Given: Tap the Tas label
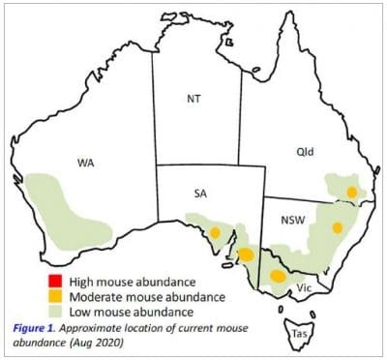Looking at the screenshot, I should pyautogui.click(x=299, y=336).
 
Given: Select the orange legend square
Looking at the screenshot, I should pyautogui.click(x=42, y=296).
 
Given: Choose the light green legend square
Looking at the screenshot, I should pyautogui.click(x=42, y=312).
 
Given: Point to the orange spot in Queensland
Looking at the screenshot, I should pyautogui.click(x=352, y=193).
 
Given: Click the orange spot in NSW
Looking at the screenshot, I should pyautogui.click(x=337, y=227).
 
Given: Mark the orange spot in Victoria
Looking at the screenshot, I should pyautogui.click(x=279, y=276).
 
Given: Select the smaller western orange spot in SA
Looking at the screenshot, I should pyautogui.click(x=215, y=232).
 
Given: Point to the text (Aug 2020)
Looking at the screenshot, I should pyautogui.click(x=102, y=343).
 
